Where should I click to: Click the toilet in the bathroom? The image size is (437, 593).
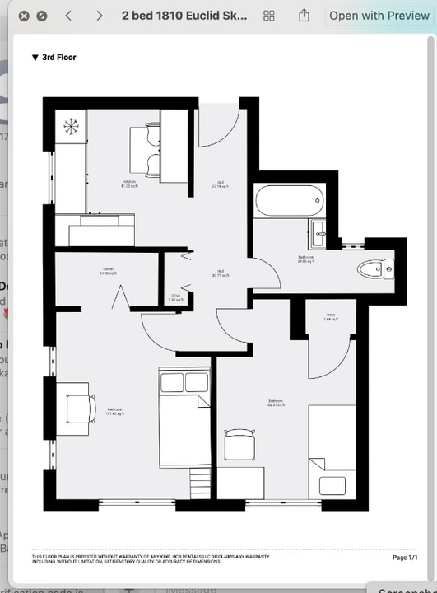point(378,267)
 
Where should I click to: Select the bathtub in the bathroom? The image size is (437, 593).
point(290,200)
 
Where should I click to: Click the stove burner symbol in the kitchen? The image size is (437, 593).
point(71,126)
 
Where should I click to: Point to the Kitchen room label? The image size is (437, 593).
point(129,184)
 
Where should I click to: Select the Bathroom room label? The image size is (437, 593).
point(305,259)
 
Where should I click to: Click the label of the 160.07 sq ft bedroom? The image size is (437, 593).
point(274,403)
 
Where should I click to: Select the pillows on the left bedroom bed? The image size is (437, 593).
point(184,382)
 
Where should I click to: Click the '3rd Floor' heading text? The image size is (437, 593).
point(58,58)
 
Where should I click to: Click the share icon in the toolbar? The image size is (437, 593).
point(304,16)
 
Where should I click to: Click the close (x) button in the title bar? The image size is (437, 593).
point(24,16)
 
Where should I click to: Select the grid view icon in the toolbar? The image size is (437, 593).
point(268,16)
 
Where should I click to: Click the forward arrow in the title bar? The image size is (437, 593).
point(99,16)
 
